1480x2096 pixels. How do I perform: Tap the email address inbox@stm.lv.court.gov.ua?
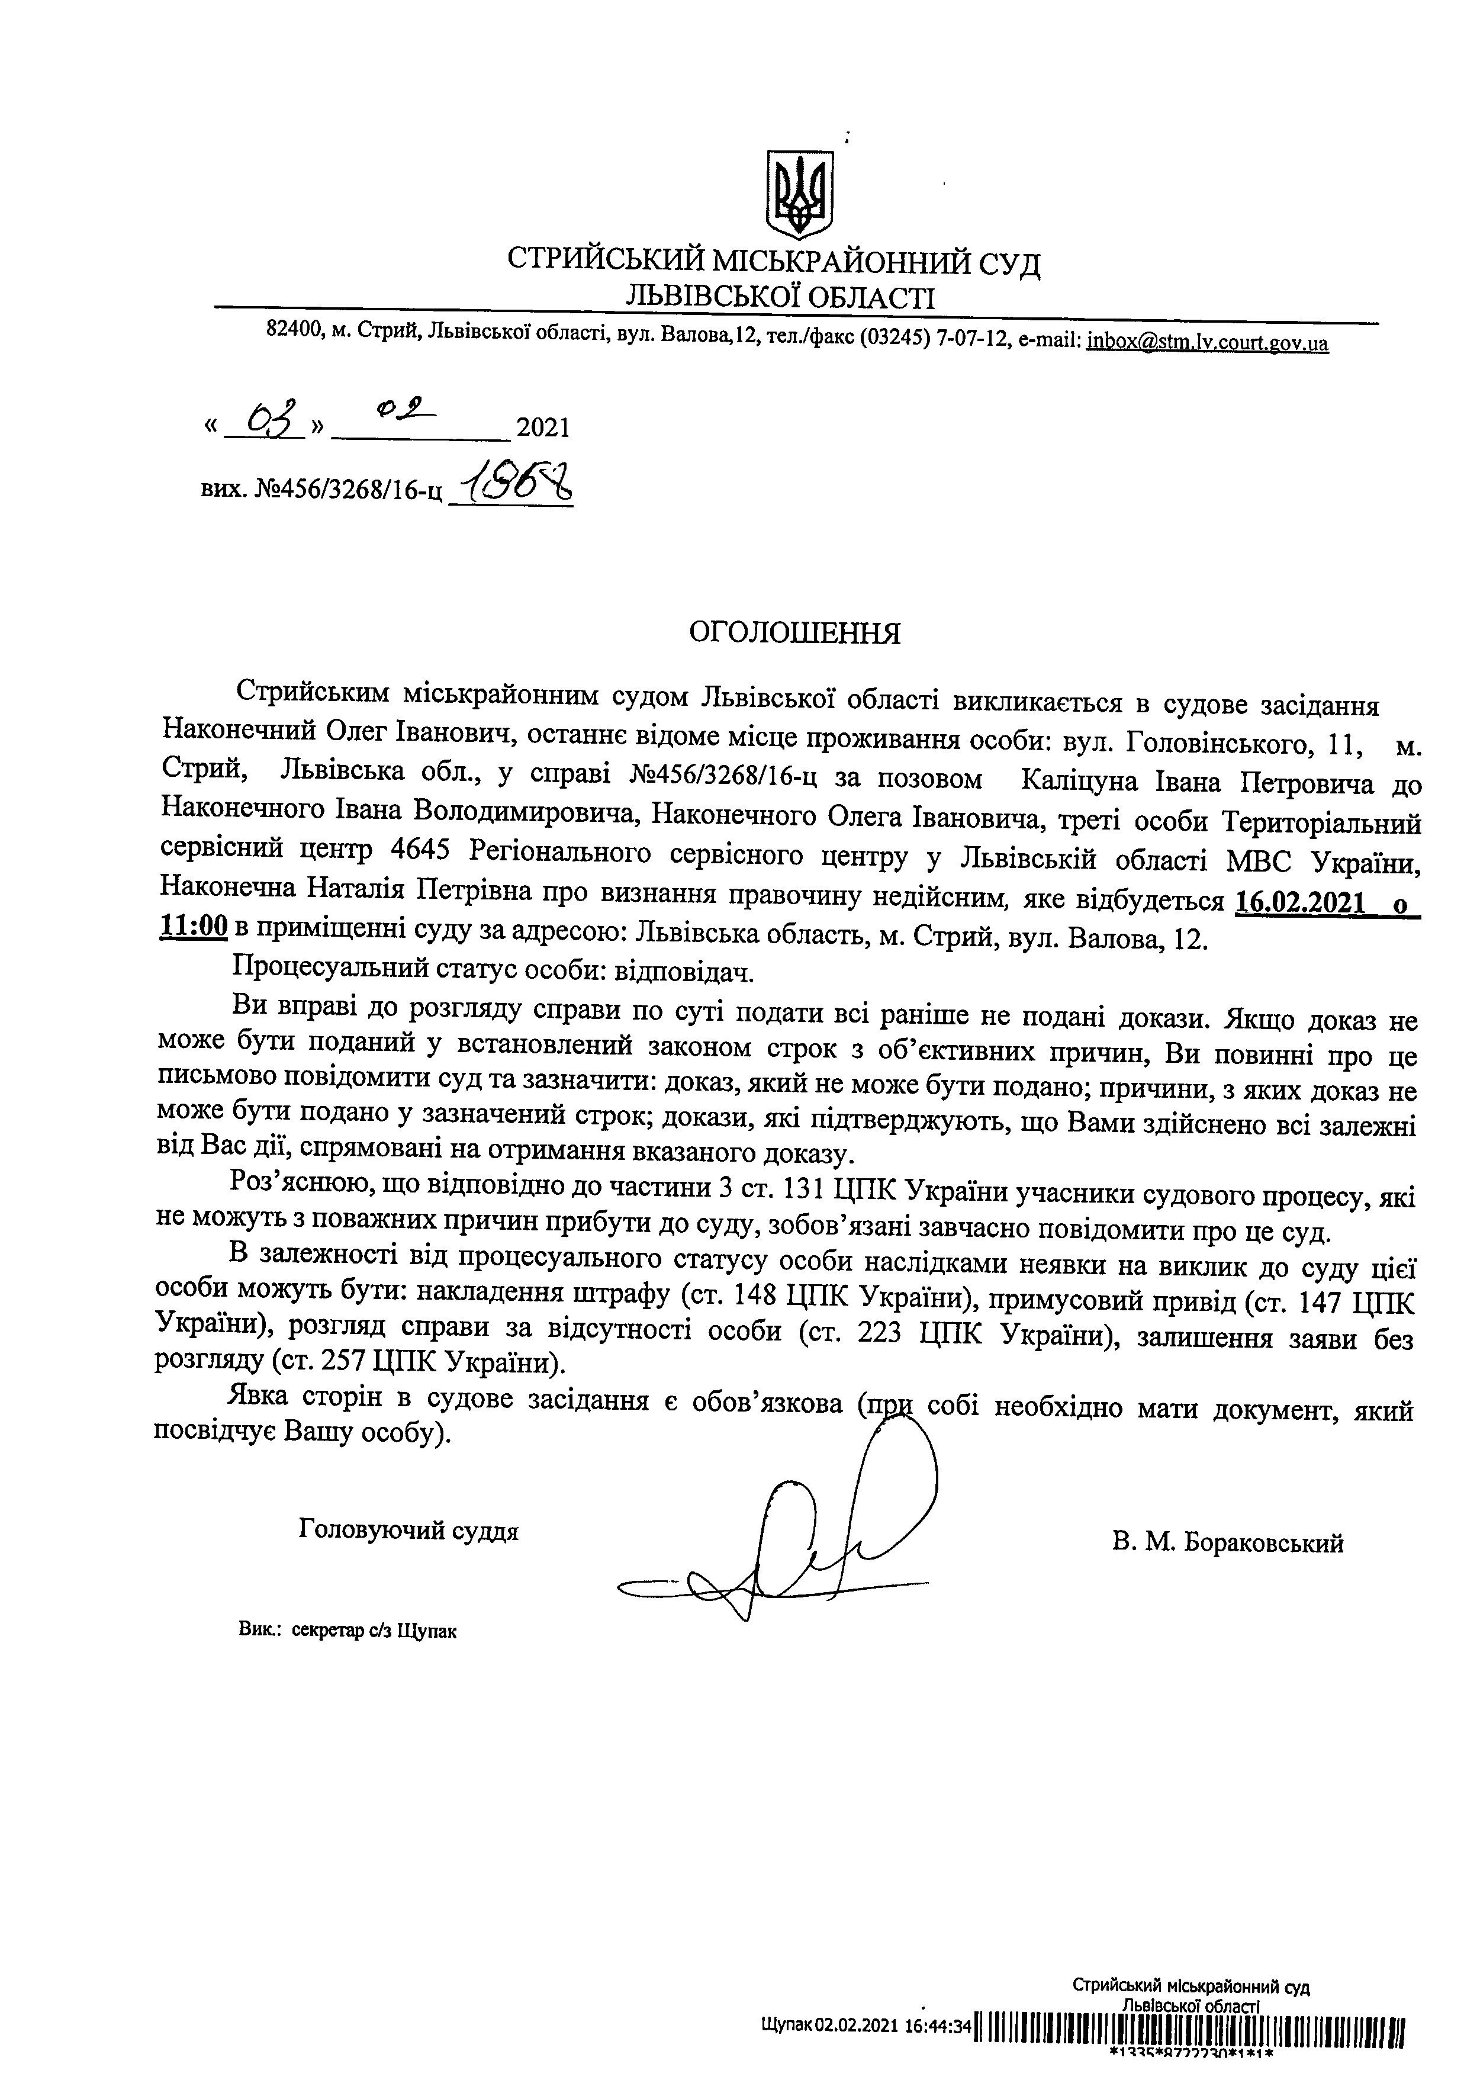coord(1207,342)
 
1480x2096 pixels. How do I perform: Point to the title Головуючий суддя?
coord(408,1530)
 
